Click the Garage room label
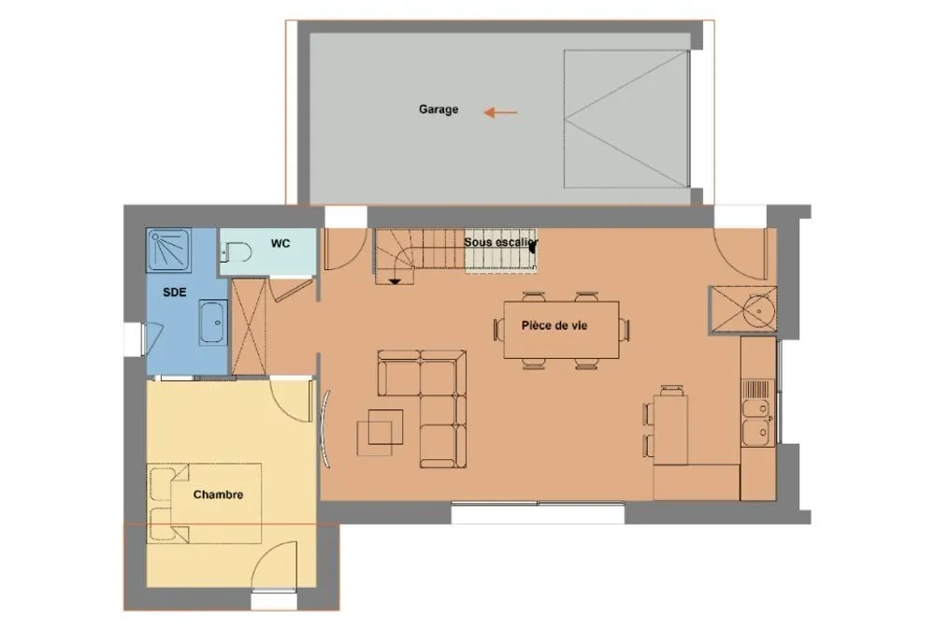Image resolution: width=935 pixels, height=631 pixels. pos(439,109)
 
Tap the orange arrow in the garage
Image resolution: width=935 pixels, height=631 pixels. pos(500,112)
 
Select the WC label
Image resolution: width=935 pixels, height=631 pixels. pos(280,243)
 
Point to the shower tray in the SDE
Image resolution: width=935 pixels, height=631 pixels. pos(169,251)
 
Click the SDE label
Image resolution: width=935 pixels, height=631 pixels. pos(174,293)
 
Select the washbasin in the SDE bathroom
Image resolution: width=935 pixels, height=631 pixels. pos(213,323)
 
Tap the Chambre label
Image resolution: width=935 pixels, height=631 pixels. pos(218,495)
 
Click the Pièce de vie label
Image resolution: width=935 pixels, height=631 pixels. pos(554,325)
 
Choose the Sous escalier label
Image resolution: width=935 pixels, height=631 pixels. pos(501,243)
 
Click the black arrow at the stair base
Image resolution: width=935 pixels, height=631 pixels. pos(395,280)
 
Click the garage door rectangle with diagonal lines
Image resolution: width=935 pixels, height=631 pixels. pos(626,120)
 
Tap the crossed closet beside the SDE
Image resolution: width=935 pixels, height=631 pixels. pos(249,326)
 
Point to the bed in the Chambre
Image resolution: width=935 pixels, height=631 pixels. pos(204,503)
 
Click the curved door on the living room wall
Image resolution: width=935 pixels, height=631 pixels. pos(325,427)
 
